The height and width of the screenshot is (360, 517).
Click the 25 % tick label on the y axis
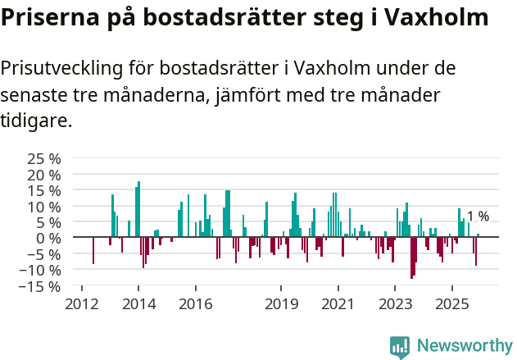pos(43,158)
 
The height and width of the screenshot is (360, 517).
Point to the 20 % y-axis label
pos(43,175)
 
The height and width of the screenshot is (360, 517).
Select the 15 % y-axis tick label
pos(43,190)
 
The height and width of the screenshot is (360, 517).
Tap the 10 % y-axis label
pos(43,207)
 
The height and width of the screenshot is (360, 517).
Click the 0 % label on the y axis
pos(48,238)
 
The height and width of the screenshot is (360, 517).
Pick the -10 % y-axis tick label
pos(41,270)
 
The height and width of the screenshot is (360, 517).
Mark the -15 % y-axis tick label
pos(41,286)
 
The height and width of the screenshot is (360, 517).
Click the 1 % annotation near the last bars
pos(478,216)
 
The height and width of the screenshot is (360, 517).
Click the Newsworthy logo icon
pos(400,346)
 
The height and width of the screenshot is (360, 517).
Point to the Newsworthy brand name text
pos(465,346)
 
